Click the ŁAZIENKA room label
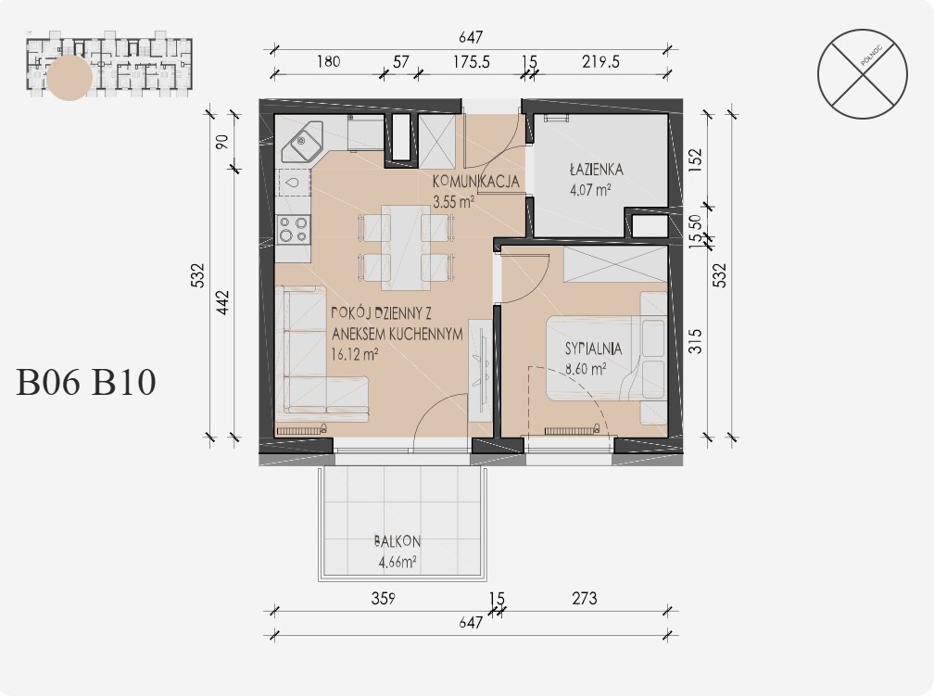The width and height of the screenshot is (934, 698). (597, 170)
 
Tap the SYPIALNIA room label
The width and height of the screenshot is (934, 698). (593, 349)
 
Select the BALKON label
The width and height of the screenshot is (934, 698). (398, 541)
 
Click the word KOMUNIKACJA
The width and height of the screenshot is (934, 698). (476, 181)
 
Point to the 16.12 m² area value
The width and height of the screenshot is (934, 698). (355, 355)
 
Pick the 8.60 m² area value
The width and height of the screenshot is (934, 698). (586, 368)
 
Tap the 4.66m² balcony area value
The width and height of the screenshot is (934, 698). (398, 562)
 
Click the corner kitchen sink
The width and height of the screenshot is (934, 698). (301, 142)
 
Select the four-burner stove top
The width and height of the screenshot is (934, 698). (294, 229)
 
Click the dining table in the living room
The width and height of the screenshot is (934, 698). (406, 247)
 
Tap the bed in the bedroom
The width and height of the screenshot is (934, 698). (606, 358)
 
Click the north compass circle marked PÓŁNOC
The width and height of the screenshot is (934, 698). (863, 74)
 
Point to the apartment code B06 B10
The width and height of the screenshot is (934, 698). (86, 382)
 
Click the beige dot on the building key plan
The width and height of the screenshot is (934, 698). (69, 78)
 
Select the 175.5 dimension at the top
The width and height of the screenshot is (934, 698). (472, 61)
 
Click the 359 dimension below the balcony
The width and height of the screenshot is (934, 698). (383, 598)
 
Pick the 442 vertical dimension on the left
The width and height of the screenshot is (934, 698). (222, 302)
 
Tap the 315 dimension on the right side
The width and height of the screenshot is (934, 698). (695, 341)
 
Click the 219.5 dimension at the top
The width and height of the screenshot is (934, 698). (601, 61)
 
